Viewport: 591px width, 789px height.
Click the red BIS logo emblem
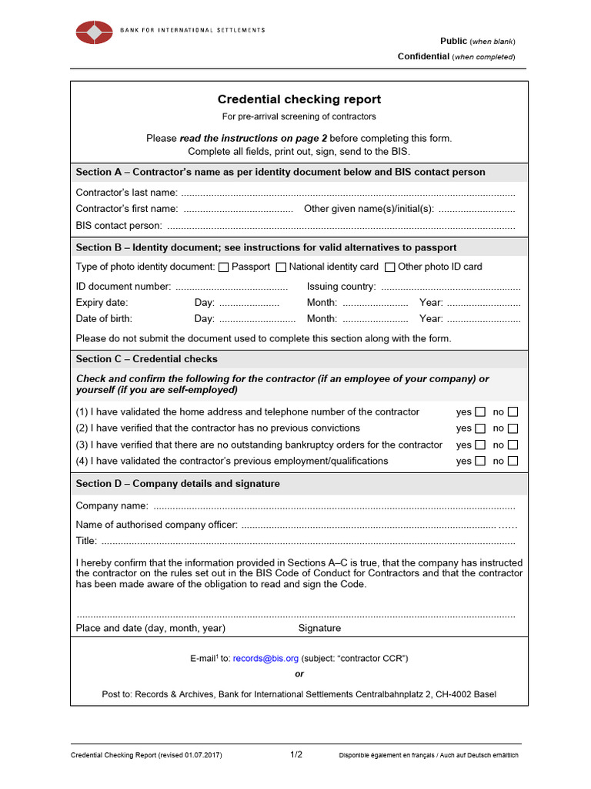tap(94, 32)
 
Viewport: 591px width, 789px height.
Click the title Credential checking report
tap(299, 99)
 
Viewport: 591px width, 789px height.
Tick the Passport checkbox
tap(224, 267)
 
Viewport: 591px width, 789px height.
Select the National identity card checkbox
tap(281, 267)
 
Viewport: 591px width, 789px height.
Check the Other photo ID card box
tap(390, 267)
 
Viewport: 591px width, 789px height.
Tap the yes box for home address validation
tap(480, 412)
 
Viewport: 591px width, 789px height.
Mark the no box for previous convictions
tap(513, 428)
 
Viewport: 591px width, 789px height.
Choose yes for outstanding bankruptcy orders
tap(480, 445)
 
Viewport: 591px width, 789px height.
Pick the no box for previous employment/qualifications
tap(513, 462)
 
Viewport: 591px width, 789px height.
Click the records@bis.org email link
tap(265, 659)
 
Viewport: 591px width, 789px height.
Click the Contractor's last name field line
tap(346, 193)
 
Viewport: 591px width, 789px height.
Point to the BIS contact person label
tap(119, 226)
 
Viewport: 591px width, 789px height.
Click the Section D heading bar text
tap(178, 484)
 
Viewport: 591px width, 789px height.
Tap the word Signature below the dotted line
tap(319, 628)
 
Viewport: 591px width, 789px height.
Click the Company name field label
tap(112, 506)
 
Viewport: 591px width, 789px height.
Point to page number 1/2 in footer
tap(296, 755)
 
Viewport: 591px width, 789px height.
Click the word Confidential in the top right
tap(423, 56)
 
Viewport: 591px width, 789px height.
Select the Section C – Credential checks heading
tap(146, 359)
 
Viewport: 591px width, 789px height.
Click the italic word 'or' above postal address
tap(299, 674)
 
